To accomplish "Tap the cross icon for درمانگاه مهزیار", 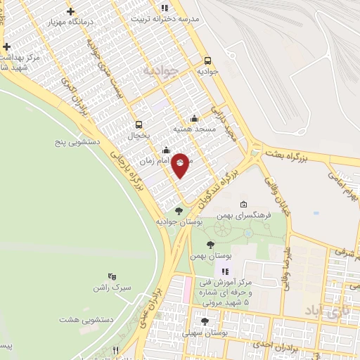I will (x=72, y=11).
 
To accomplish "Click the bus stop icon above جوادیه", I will (x=207, y=60).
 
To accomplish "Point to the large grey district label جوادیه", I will (x=158, y=71).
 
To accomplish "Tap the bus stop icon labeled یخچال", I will (x=139, y=124).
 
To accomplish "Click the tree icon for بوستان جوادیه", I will (x=179, y=210).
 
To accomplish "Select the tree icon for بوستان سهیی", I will (x=205, y=321).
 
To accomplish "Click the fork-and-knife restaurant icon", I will (x=116, y=350).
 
